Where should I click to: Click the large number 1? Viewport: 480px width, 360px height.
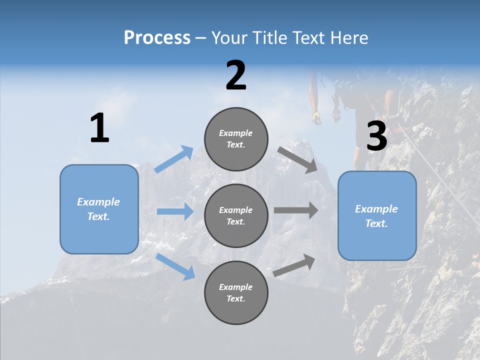pyautogui.click(x=99, y=128)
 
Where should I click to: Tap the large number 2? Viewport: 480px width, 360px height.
pyautogui.click(x=236, y=75)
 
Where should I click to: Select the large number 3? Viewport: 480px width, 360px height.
pyautogui.click(x=376, y=136)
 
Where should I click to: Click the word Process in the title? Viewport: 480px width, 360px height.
pyautogui.click(x=157, y=38)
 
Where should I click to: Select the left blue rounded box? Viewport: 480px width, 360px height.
pyautogui.click(x=99, y=209)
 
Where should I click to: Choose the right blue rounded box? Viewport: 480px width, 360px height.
pyautogui.click(x=377, y=215)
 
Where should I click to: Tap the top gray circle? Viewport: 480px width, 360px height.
pyautogui.click(x=236, y=139)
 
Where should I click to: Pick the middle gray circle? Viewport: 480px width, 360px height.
pyautogui.click(x=236, y=215)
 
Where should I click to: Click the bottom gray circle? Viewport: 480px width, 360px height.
pyautogui.click(x=236, y=292)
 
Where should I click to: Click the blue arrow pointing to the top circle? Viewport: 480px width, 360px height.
pyautogui.click(x=174, y=159)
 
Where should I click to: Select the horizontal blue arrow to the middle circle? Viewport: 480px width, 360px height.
pyautogui.click(x=175, y=211)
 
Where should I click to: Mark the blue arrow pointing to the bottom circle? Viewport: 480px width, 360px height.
pyautogui.click(x=175, y=266)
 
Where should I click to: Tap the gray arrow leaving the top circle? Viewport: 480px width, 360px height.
pyautogui.click(x=297, y=159)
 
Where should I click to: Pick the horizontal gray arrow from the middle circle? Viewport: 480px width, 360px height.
pyautogui.click(x=296, y=210)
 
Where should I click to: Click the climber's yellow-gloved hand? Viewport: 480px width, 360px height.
pyautogui.click(x=316, y=117)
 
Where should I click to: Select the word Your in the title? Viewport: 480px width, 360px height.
pyautogui.click(x=229, y=38)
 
